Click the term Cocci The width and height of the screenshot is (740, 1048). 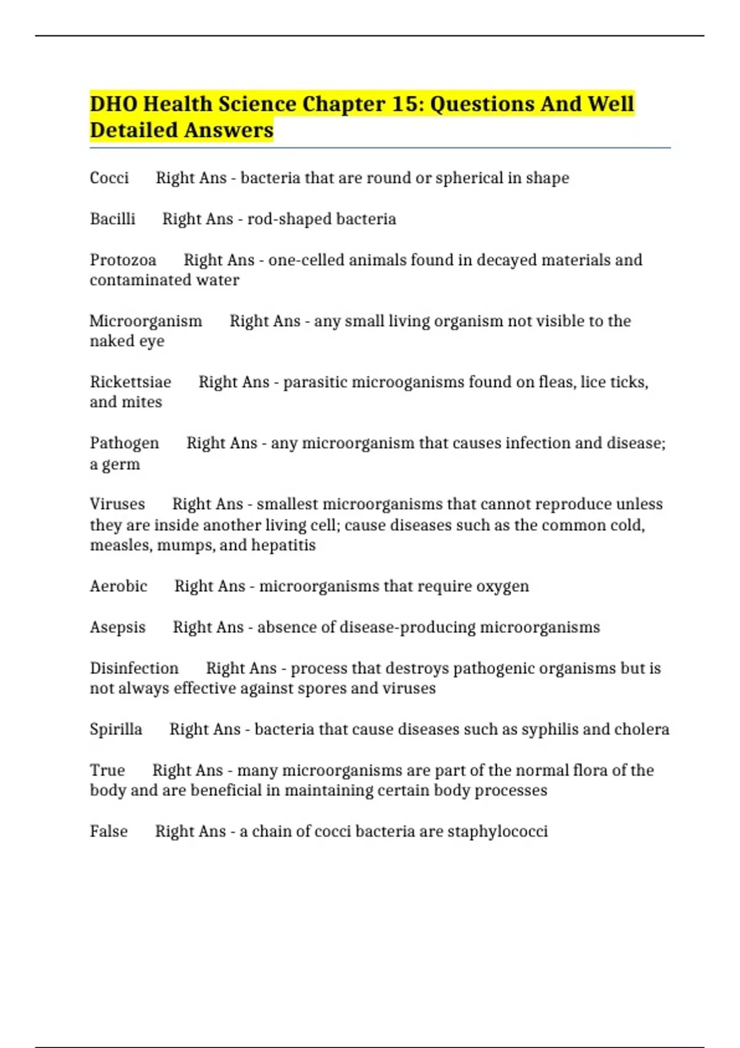click(109, 178)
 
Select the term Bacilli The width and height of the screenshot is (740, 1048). click(112, 219)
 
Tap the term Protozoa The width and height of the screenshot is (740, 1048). click(123, 260)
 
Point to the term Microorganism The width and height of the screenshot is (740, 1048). click(146, 321)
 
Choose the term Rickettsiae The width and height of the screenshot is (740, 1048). click(130, 382)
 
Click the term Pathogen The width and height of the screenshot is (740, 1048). click(124, 443)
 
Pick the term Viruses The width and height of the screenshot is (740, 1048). click(117, 504)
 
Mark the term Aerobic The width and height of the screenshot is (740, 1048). click(118, 586)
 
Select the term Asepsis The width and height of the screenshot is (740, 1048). click(117, 628)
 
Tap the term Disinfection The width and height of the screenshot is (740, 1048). click(134, 668)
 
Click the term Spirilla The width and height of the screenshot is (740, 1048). click(116, 729)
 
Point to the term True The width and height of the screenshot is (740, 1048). click(107, 771)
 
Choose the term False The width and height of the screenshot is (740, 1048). click(109, 832)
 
